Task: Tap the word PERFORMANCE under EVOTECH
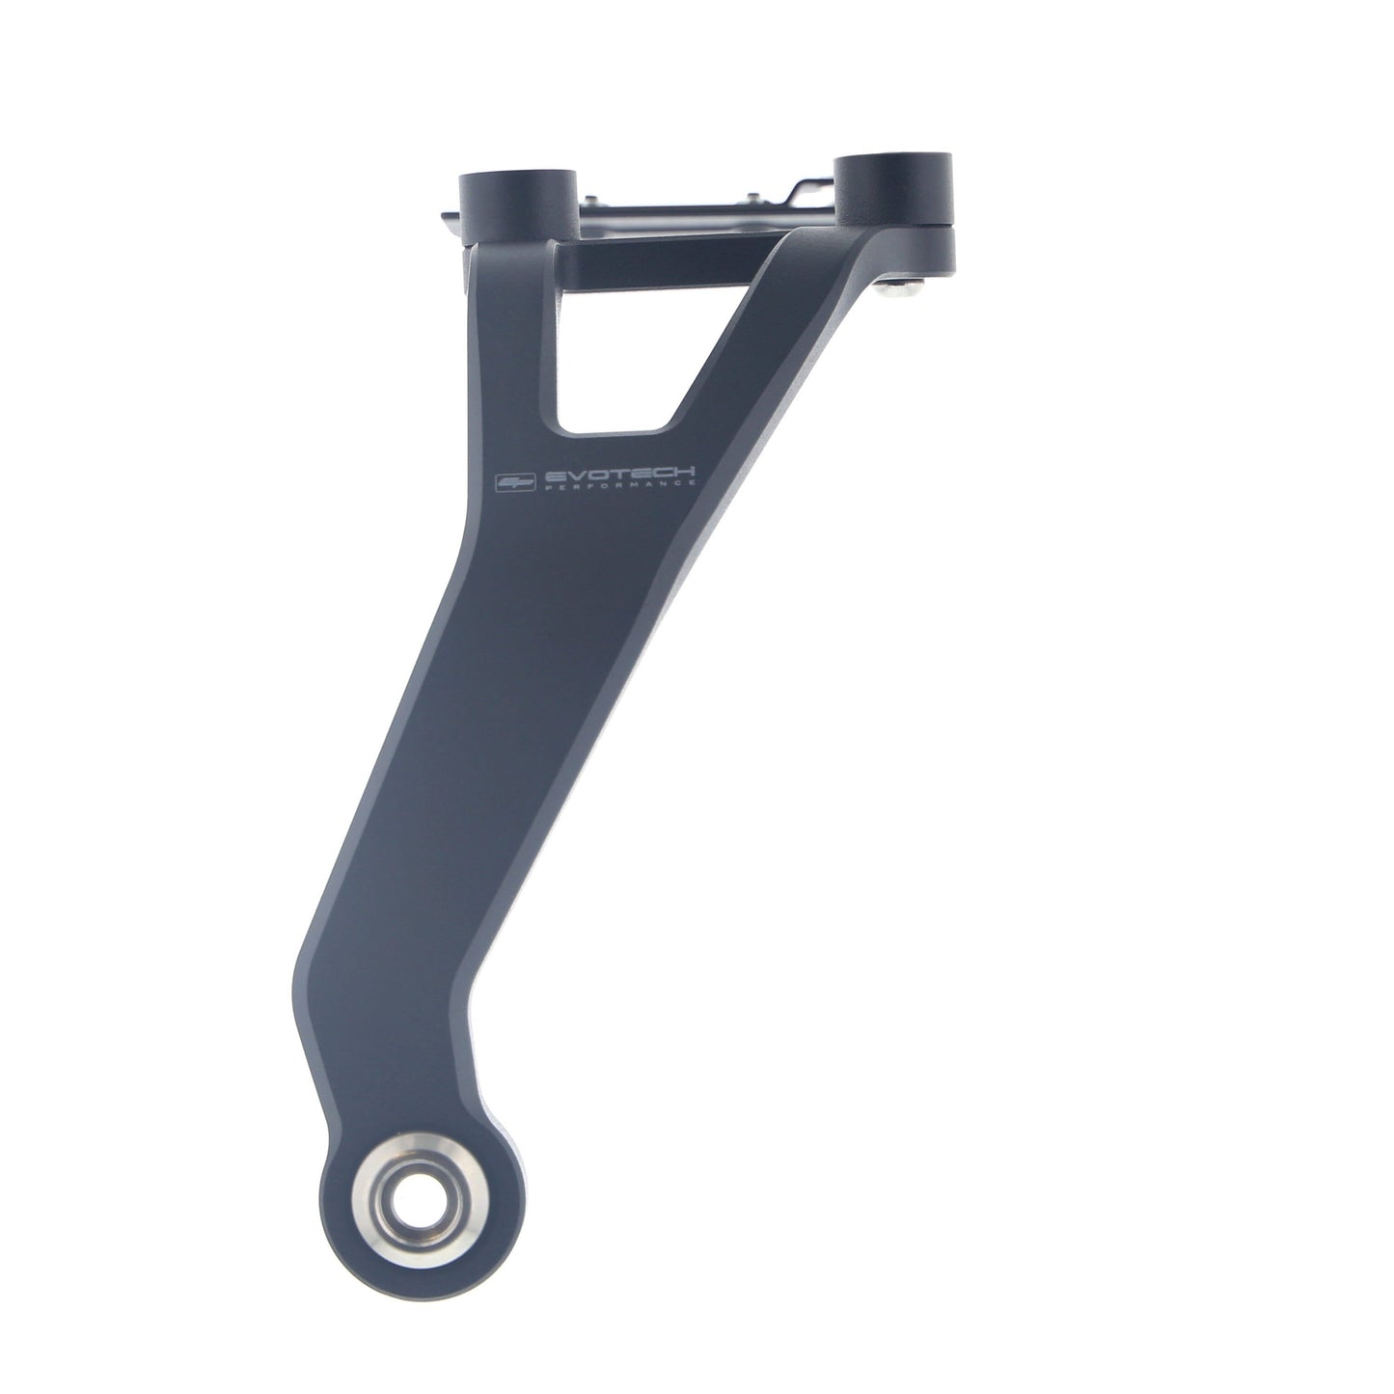[619, 487]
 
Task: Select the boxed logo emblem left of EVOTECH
[516, 481]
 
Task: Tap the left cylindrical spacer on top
[518, 206]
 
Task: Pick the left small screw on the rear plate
[591, 199]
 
